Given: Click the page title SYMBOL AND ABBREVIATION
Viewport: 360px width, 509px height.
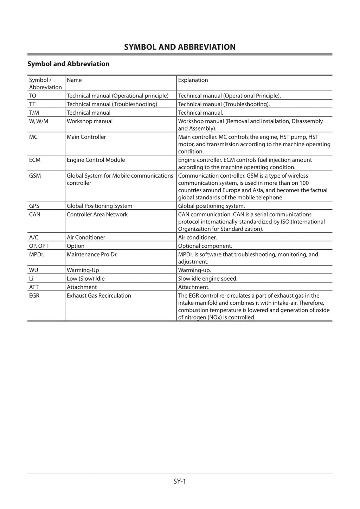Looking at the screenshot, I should [x=180, y=47].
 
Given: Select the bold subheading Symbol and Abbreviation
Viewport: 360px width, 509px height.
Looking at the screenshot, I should [x=69, y=64].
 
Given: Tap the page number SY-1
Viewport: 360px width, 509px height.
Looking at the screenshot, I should [x=179, y=481].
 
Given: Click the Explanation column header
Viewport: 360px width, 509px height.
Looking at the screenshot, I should [x=193, y=80].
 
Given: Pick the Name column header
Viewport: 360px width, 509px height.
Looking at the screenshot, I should [x=74, y=80].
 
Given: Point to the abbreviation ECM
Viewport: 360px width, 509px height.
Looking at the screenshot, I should [x=35, y=160].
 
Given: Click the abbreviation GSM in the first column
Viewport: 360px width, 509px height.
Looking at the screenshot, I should [x=35, y=176].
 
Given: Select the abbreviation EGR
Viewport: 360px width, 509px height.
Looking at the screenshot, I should [x=34, y=295].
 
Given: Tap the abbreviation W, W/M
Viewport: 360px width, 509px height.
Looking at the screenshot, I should [x=39, y=121].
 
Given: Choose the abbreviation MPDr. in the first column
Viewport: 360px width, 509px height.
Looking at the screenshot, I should [x=37, y=254].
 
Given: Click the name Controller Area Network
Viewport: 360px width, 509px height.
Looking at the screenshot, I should [x=97, y=214].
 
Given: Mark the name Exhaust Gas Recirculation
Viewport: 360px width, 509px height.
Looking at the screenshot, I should [x=99, y=295].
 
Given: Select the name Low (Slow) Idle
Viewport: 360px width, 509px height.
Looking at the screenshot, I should [x=86, y=279].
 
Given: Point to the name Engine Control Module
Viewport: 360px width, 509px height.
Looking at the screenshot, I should [x=96, y=160].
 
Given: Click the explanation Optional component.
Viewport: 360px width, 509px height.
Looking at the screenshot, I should [x=205, y=246].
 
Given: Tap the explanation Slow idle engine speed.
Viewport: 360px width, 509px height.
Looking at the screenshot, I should [x=208, y=279].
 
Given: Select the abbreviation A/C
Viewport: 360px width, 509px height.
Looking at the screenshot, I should [x=34, y=237].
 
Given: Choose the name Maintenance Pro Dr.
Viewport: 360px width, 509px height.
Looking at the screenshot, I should [x=92, y=254].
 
